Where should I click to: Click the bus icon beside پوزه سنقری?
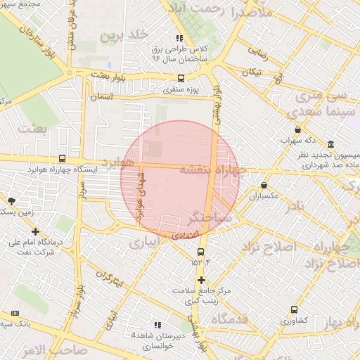[x=181, y=78]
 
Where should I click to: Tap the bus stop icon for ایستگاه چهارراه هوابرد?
[x=63, y=158]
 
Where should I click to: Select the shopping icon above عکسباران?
[x=264, y=185]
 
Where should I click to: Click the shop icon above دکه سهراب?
[x=298, y=130]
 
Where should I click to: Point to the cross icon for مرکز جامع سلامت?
[x=201, y=280]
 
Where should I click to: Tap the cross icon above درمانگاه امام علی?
[x=35, y=231]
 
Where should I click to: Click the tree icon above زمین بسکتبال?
[x=11, y=201]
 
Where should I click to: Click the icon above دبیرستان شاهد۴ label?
[x=157, y=325]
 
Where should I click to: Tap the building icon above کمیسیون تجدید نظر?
[x=330, y=144]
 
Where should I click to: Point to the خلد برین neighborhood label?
[x=124, y=34]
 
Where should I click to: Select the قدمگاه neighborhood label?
[x=224, y=321]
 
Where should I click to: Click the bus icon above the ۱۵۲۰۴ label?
[x=201, y=252]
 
